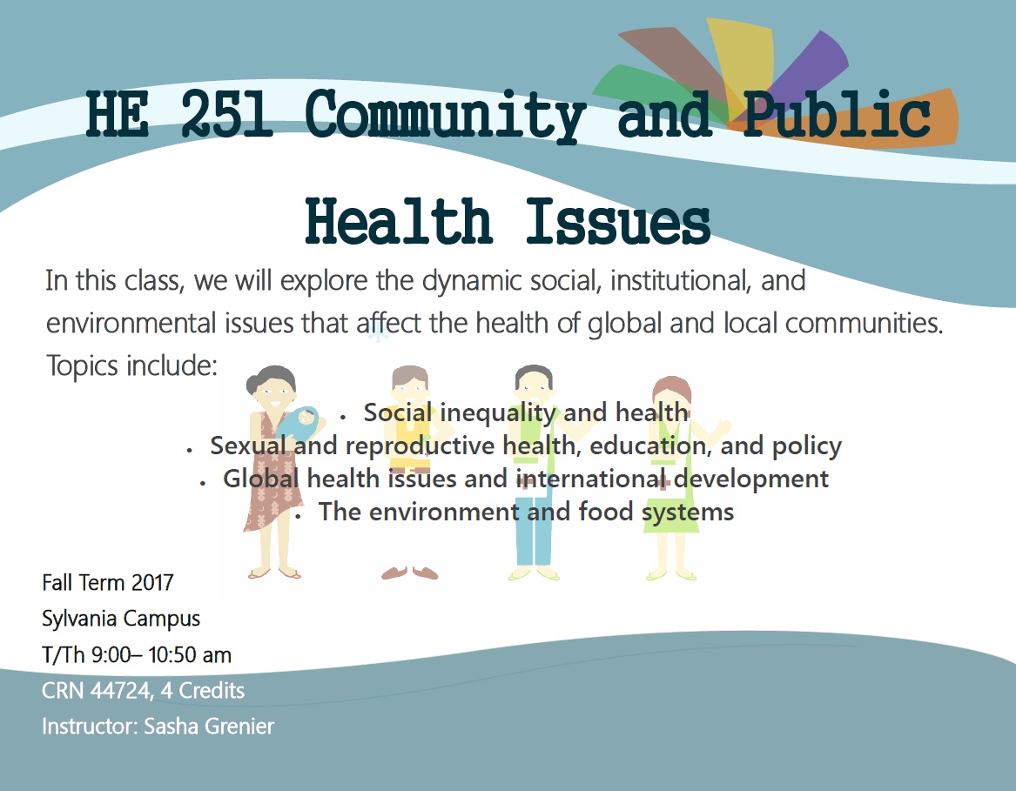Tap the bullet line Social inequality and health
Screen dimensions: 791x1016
point(526,412)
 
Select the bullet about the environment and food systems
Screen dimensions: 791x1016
point(526,512)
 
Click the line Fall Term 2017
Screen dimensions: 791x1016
point(108,582)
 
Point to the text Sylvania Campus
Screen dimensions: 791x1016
point(121,619)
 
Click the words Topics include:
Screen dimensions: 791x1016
point(131,365)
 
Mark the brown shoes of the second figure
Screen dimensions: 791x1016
point(409,573)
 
